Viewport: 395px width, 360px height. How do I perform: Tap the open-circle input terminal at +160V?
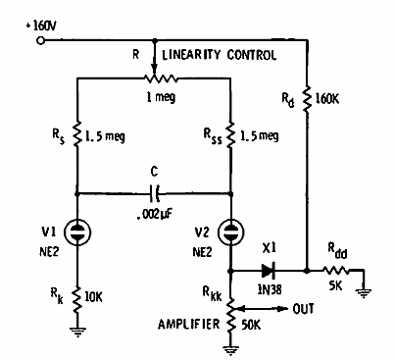[40, 41]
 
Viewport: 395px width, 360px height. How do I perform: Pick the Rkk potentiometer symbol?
[231, 309]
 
